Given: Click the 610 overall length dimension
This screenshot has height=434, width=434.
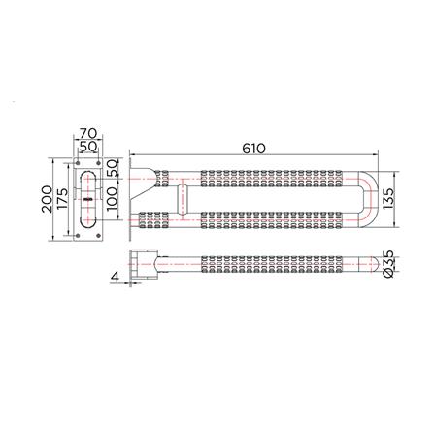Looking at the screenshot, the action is [x=253, y=149].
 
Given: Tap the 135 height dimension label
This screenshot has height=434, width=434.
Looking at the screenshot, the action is [x=388, y=199].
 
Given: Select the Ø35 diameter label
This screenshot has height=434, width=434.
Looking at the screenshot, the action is [x=388, y=264].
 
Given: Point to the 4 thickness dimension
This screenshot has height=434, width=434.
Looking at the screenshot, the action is [x=116, y=277].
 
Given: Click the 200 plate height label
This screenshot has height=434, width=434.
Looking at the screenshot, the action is [x=48, y=199].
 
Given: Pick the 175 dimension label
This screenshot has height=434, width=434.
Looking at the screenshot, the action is [x=62, y=199].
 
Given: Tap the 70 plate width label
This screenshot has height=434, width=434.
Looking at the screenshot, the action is [x=88, y=133].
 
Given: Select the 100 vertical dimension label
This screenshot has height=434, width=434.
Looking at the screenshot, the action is [x=113, y=199].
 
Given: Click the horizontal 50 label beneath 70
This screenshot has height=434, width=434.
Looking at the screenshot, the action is [x=88, y=147].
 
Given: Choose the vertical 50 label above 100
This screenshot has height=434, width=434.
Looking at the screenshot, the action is [x=113, y=168].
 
